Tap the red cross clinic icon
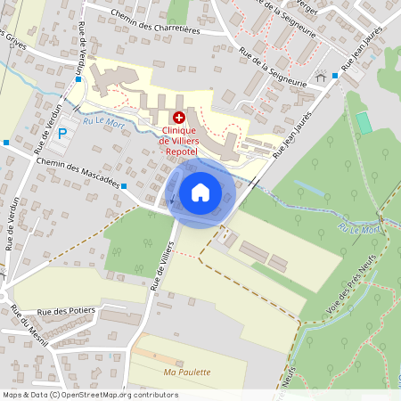point(178,117)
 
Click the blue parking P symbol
point(62,134)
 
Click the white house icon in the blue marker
point(200,192)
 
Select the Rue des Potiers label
point(67,313)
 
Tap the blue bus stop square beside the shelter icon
point(335,76)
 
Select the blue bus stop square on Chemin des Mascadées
point(124,185)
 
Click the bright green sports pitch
point(363,122)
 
